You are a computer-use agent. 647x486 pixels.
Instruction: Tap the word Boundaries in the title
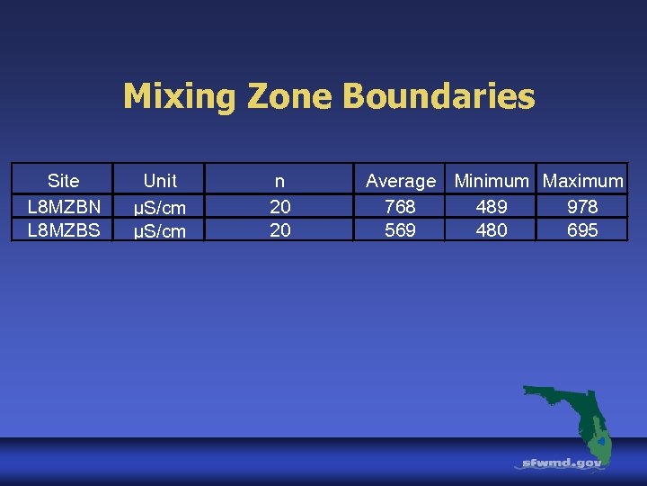tap(440, 96)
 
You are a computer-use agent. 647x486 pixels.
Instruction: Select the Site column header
tap(63, 180)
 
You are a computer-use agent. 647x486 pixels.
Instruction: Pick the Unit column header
tap(160, 180)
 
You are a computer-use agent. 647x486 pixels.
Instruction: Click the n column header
tap(280, 180)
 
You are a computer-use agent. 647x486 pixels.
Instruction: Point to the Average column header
tap(401, 181)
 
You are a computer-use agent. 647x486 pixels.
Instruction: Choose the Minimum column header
tap(492, 180)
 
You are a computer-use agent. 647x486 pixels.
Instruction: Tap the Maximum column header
tap(583, 180)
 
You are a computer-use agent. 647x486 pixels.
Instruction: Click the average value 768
tap(400, 206)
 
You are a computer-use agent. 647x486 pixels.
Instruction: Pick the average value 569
tap(400, 230)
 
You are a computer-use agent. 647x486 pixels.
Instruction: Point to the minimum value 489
tap(492, 206)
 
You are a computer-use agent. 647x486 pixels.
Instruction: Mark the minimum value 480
tap(492, 230)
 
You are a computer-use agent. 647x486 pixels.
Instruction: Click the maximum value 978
tap(582, 206)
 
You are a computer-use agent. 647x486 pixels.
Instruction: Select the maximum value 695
tap(582, 230)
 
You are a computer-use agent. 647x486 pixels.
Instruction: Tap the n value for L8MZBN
tap(280, 206)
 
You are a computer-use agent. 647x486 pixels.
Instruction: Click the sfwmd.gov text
tap(563, 463)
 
